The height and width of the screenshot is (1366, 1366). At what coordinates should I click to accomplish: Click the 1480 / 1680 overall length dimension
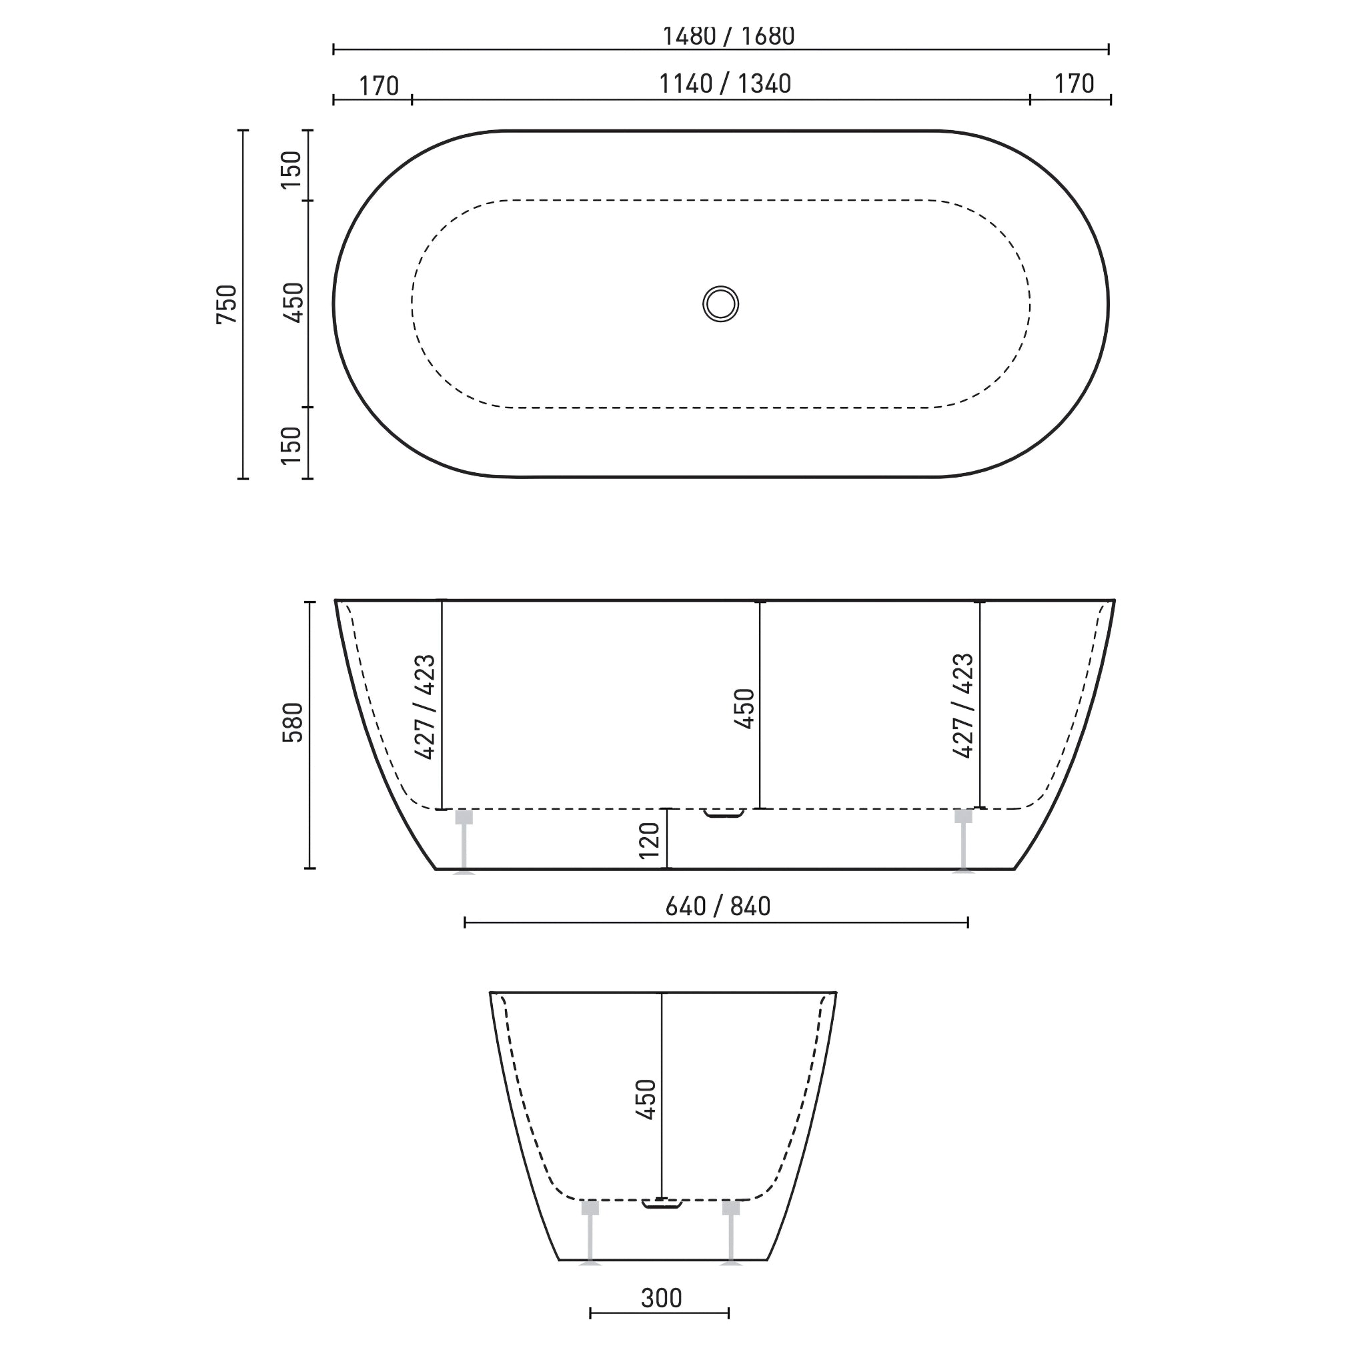coord(728,36)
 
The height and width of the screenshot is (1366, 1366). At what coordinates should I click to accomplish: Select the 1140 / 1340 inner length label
coord(725,84)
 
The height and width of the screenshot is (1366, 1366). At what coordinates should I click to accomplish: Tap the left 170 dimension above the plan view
coord(379,86)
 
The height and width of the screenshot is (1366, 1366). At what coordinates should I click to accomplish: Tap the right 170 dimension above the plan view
coord(1073,84)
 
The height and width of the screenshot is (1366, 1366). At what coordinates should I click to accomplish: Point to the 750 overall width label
coord(227,305)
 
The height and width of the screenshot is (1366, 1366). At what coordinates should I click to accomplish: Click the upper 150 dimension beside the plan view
coord(291,169)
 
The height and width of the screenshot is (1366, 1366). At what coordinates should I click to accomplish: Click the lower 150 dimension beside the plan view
coord(291,446)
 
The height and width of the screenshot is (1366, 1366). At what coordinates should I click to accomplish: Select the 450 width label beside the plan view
coord(293,303)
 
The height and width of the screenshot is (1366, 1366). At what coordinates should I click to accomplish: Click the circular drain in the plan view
coord(720,304)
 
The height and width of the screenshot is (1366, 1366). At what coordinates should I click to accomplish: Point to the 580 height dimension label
coord(293,722)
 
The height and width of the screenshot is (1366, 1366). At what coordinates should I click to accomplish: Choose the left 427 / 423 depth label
coord(425,707)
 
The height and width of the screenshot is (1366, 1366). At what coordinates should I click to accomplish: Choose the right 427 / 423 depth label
coord(963,706)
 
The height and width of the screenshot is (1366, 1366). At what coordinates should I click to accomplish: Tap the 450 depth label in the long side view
coord(744,708)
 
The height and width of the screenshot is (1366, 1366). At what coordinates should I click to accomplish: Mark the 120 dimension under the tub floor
coord(649,840)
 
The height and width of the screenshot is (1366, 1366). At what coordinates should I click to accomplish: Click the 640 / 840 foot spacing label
coord(718,906)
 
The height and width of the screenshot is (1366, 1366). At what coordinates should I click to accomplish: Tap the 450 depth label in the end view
coord(646,1099)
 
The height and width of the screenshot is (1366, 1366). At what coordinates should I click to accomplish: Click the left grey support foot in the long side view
coord(464,841)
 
